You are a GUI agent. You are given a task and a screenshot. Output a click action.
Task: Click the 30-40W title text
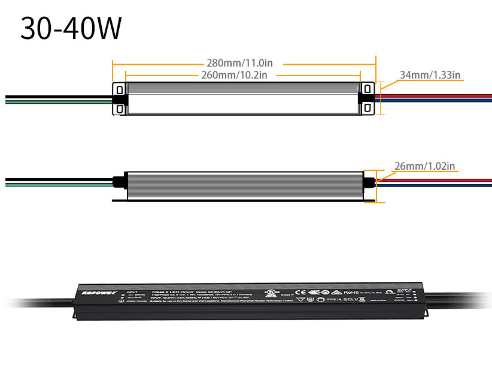pyautogui.click(x=71, y=28)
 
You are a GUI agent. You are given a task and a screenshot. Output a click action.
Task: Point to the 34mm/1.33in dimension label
pyautogui.click(x=430, y=75)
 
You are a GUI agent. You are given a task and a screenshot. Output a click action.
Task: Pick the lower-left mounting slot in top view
pyautogui.click(x=120, y=109)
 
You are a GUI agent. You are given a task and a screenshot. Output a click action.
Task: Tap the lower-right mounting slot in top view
pyautogui.click(x=367, y=109)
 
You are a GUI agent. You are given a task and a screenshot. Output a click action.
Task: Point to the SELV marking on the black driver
pyautogui.click(x=350, y=299)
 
